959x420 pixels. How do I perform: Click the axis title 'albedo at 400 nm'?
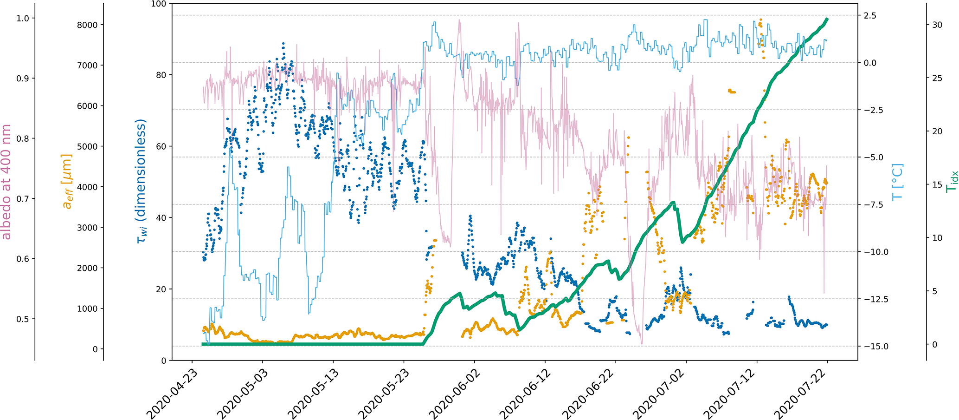[x=6, y=182]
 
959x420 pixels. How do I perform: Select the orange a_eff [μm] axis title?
[x=68, y=182]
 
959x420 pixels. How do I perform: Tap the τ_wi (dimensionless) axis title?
[x=141, y=182]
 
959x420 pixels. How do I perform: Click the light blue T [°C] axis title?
[x=898, y=182]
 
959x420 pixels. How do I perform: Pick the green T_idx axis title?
[x=951, y=182]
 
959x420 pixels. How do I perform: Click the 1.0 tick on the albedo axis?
[x=23, y=18]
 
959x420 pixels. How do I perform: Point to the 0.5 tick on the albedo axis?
[x=23, y=319]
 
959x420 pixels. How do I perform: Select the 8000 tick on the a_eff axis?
[x=87, y=25]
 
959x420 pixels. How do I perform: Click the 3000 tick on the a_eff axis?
[x=87, y=228]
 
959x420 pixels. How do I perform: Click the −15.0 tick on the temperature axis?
[x=876, y=347]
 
